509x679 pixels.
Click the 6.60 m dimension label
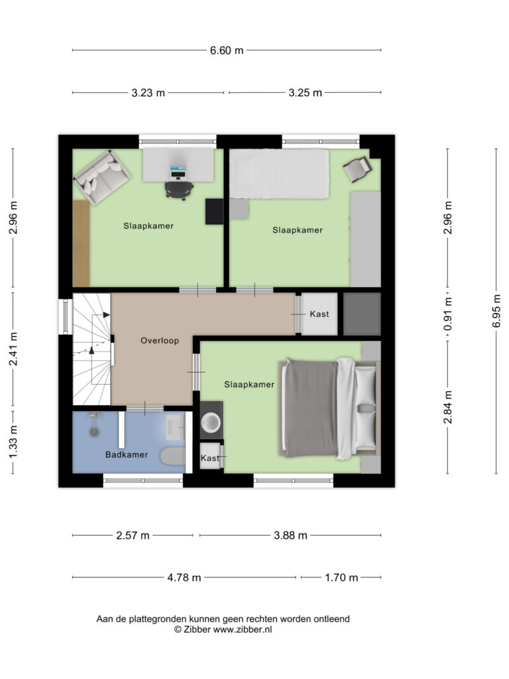227,50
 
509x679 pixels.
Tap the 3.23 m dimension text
148,93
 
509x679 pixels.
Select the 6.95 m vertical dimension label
496,310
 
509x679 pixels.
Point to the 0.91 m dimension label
447,314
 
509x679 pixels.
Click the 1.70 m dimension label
341,578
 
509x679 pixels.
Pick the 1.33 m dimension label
13,442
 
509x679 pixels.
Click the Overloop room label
159,340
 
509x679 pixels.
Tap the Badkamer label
127,455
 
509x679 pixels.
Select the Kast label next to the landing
319,314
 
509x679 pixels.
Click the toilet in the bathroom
173,456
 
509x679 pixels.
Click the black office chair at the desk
179,190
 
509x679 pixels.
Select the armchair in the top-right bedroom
357,169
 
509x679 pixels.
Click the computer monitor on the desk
178,173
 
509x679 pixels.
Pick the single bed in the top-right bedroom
279,174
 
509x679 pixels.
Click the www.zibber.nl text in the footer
243,630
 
